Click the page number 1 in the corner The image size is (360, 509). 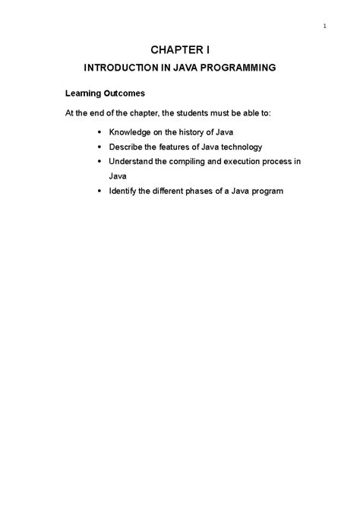pos(324,28)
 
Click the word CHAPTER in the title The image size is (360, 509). pos(172,50)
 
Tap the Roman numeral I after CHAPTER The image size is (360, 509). pos(207,50)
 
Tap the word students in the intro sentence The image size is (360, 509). pos(186,113)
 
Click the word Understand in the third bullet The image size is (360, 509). pos(134,162)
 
